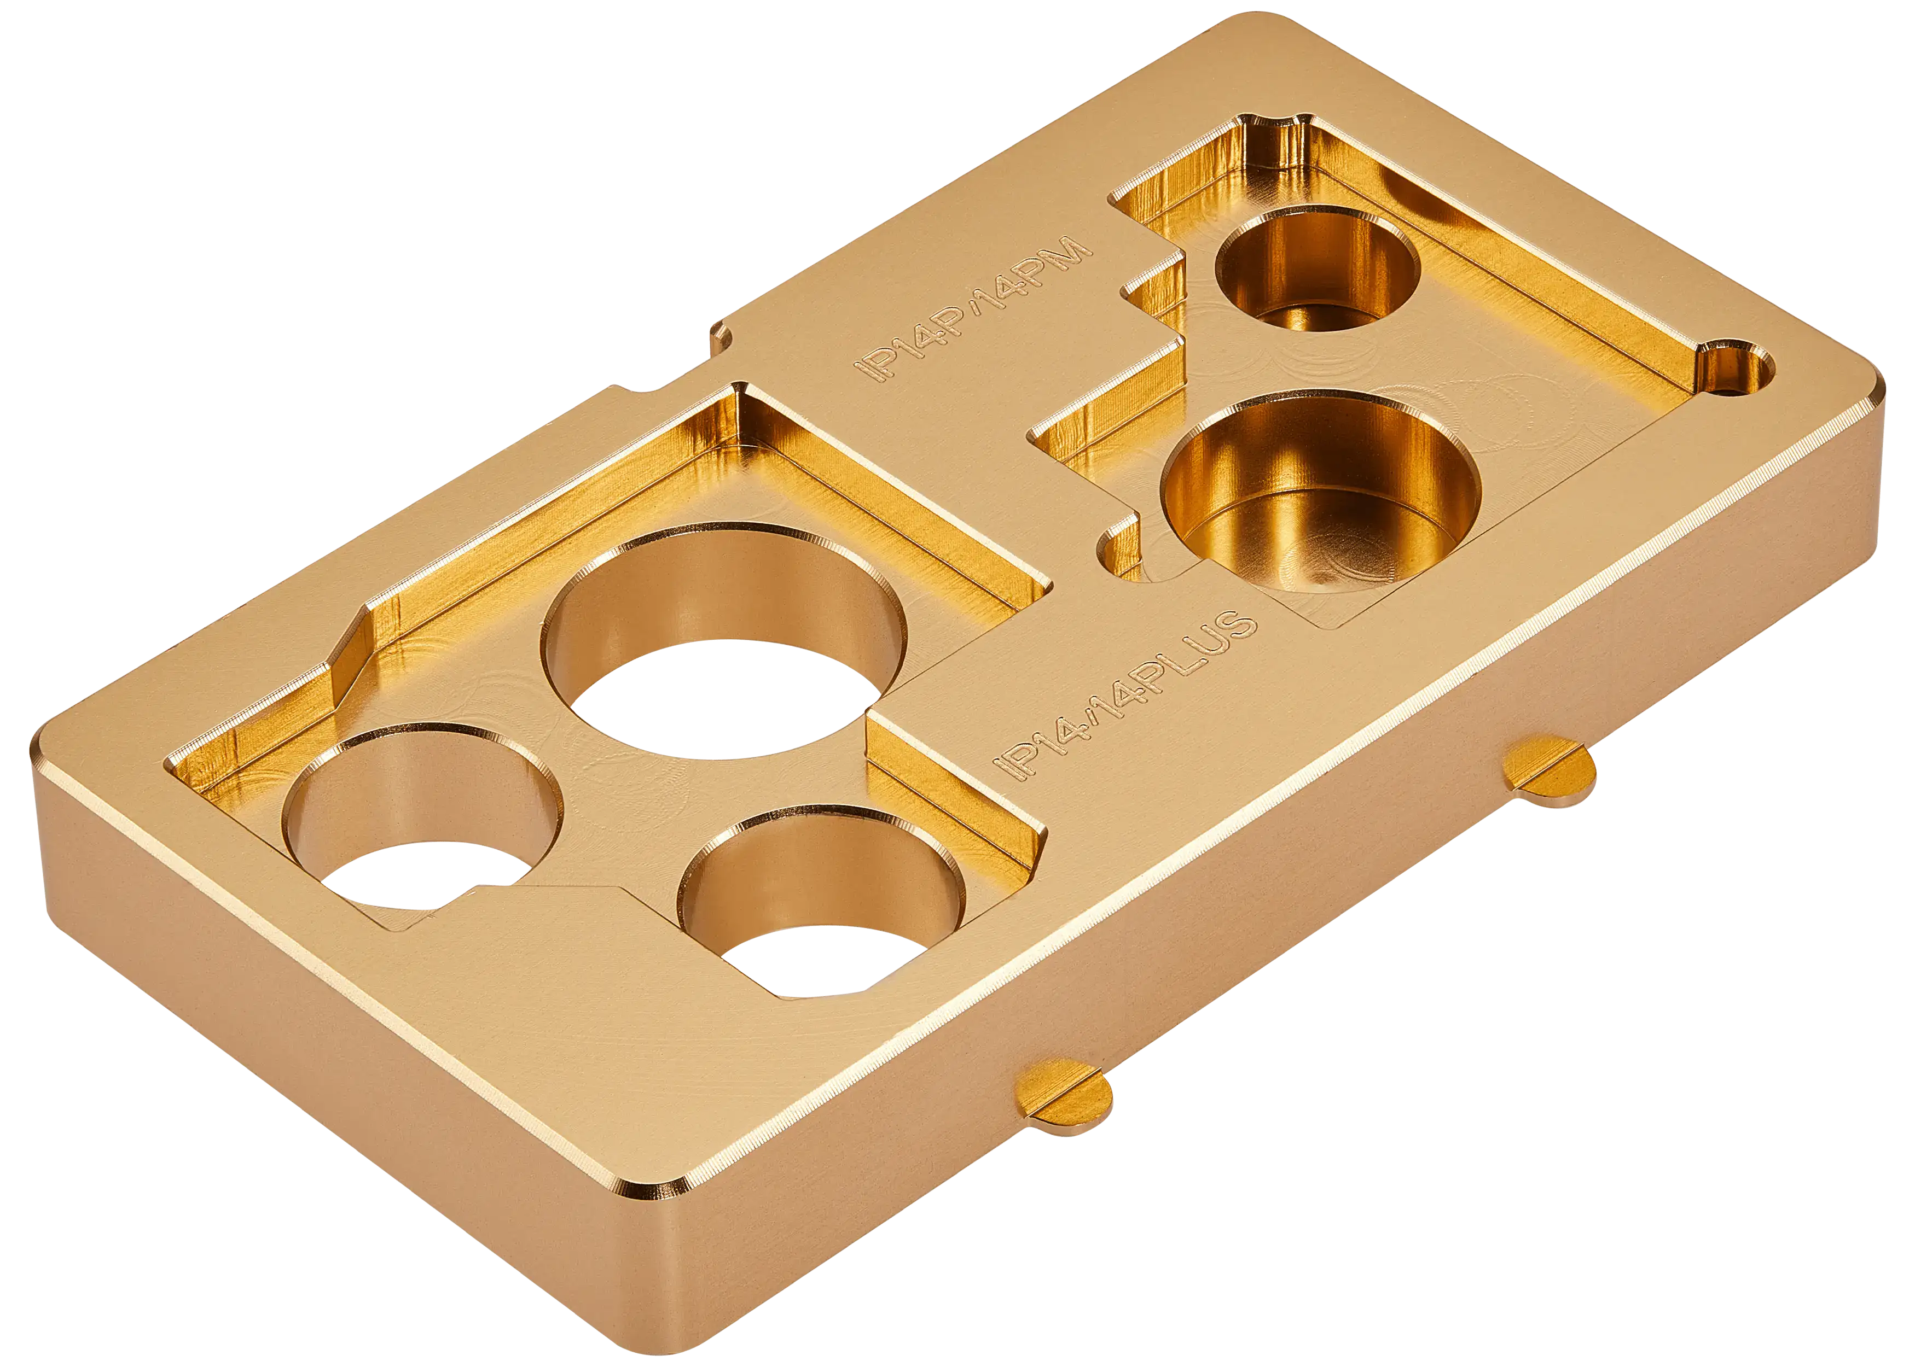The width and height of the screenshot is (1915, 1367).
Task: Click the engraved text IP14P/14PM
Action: click(973, 309)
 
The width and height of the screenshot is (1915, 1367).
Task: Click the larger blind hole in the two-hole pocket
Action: click(1320, 490)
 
